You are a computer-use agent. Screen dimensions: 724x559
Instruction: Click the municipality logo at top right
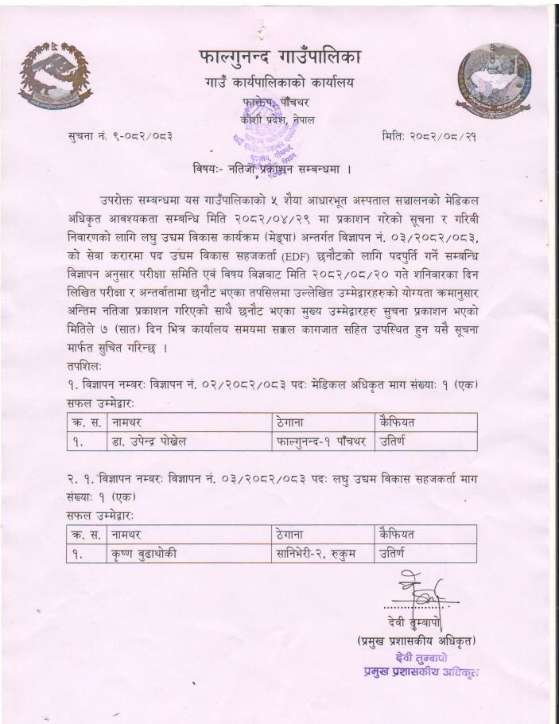click(494, 78)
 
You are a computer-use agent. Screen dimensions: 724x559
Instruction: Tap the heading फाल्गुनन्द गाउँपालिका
click(278, 57)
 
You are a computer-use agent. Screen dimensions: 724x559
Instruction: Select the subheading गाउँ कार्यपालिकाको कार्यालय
click(278, 83)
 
